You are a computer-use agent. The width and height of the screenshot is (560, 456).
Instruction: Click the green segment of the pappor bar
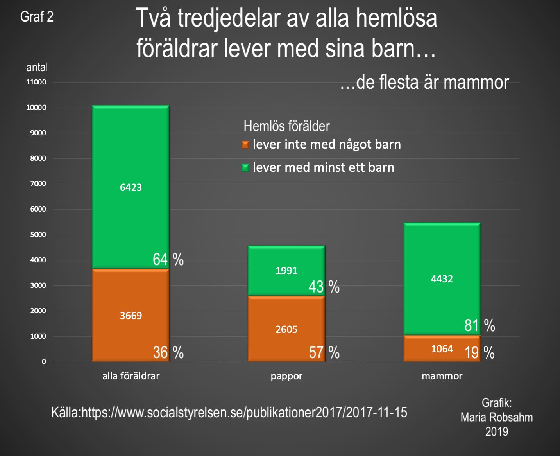(x=286, y=258)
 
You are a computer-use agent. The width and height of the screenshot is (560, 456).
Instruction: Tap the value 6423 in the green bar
(x=131, y=187)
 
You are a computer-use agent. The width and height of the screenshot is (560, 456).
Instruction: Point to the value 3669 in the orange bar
(x=131, y=316)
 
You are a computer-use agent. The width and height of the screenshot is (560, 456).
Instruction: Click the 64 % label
(x=168, y=259)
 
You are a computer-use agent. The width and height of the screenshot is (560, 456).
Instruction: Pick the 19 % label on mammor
(x=479, y=353)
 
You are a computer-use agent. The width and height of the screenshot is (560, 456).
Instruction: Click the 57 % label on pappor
(x=324, y=353)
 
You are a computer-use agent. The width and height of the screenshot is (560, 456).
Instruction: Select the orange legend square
(x=245, y=145)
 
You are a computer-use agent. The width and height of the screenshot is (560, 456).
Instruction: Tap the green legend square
(x=245, y=168)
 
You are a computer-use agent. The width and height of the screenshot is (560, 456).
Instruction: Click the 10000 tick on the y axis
(x=36, y=108)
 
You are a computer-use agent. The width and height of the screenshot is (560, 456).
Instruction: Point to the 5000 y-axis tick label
(x=38, y=235)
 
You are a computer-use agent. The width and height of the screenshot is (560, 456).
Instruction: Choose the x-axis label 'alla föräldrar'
(x=131, y=376)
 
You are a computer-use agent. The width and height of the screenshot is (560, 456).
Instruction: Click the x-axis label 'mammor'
(x=442, y=376)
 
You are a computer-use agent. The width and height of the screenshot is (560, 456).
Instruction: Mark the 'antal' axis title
(x=37, y=67)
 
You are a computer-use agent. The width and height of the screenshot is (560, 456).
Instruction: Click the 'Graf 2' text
(x=37, y=17)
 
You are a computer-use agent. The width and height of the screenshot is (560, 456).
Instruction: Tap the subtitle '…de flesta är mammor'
(x=424, y=83)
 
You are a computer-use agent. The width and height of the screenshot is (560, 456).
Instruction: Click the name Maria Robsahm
(x=496, y=417)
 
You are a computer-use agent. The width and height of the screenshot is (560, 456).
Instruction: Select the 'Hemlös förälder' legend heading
(x=286, y=126)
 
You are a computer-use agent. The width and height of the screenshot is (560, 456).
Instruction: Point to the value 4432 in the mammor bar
(x=442, y=279)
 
